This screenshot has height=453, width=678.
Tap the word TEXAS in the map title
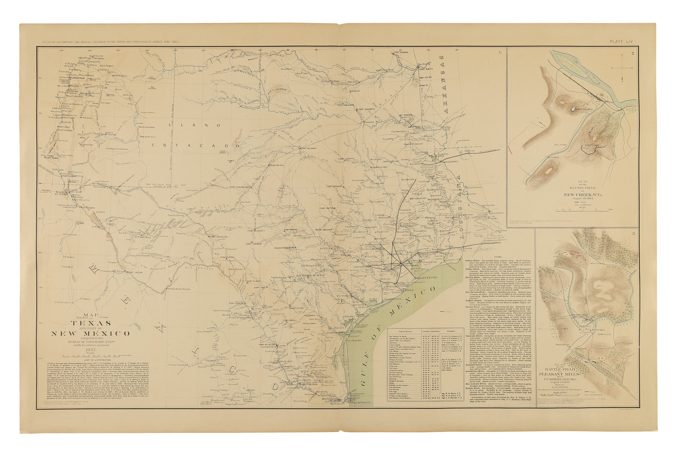[91, 323]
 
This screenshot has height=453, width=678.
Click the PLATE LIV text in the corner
[621, 41]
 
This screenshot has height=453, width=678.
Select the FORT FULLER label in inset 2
[582, 110]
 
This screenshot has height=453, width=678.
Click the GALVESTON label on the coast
[428, 278]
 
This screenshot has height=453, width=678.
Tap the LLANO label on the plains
[179, 126]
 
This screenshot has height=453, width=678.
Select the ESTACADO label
[196, 145]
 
